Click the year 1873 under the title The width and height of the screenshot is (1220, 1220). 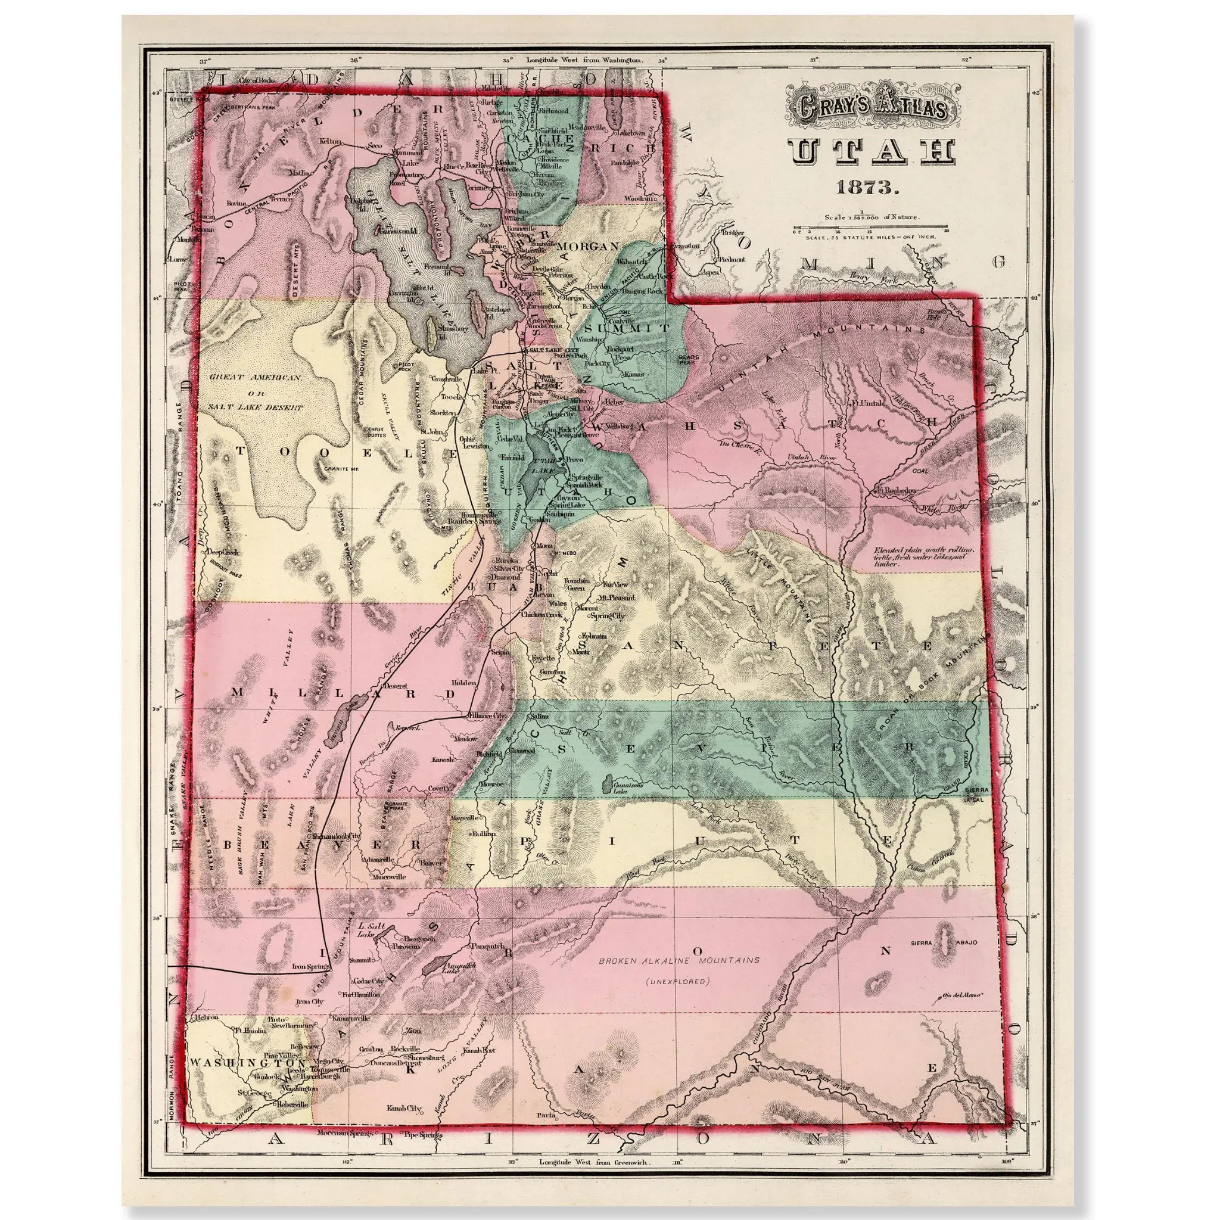(870, 187)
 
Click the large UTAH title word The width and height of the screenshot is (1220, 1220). (871, 152)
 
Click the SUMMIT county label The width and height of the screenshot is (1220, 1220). (627, 328)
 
